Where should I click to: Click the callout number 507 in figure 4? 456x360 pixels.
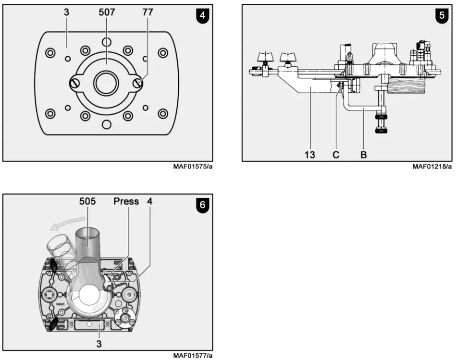click(106, 12)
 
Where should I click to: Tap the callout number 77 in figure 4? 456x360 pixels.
click(148, 12)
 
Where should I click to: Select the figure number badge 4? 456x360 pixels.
click(202, 15)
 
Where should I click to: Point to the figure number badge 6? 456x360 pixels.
click(202, 204)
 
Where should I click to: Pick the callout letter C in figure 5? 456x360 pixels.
click(336, 155)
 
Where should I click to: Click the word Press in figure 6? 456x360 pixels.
click(126, 201)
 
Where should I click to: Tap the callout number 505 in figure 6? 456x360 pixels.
click(87, 201)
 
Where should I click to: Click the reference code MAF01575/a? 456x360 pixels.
click(193, 167)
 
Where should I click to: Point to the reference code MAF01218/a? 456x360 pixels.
click(432, 167)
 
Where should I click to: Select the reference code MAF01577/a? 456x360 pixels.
click(193, 356)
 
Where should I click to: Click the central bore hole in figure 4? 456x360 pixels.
click(106, 84)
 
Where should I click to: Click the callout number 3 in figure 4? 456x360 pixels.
click(66, 12)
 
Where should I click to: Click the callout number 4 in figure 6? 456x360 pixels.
click(150, 201)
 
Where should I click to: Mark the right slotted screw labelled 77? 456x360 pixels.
click(138, 84)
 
